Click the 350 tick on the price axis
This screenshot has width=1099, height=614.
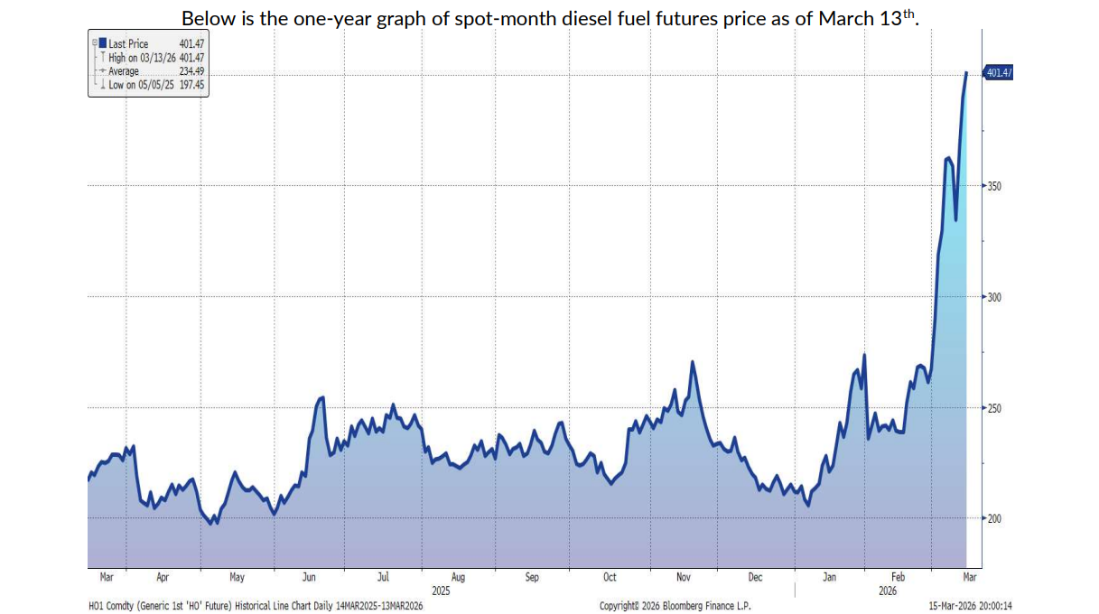tap(993, 186)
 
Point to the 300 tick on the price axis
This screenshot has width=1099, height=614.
tap(993, 297)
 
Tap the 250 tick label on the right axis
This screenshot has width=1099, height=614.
tap(993, 408)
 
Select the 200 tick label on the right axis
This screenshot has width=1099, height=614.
tap(993, 518)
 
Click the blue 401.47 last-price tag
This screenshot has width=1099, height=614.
tap(997, 73)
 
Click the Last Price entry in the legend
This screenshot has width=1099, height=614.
tap(128, 44)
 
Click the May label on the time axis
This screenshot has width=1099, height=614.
tap(237, 577)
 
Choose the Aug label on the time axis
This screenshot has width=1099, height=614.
tap(458, 577)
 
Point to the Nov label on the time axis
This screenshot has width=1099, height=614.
tap(683, 577)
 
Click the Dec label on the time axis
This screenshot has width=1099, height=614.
tap(756, 577)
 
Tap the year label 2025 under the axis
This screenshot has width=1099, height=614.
tap(441, 591)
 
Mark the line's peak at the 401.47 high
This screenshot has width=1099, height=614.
tap(966, 72)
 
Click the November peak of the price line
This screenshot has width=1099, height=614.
tap(692, 362)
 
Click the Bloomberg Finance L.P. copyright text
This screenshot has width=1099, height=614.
tap(675, 606)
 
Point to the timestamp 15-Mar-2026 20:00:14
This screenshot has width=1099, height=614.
tap(971, 606)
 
